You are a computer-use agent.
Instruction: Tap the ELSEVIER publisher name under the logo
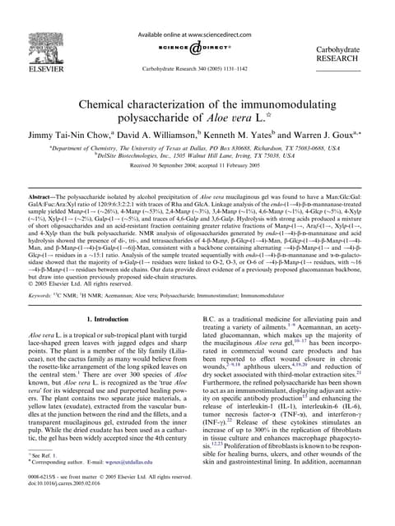point(55,61)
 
